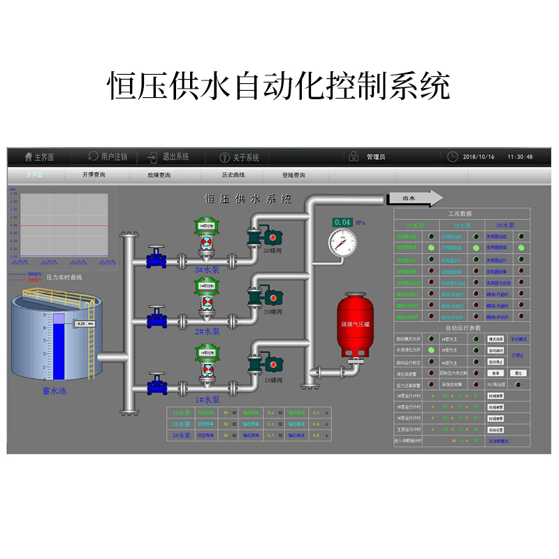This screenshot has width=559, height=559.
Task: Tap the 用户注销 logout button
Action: coord(108,157)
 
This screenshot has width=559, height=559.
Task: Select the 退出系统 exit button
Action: coord(169,157)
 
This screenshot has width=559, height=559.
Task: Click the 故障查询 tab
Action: coord(159,175)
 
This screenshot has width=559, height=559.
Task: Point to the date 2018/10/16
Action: coord(479,157)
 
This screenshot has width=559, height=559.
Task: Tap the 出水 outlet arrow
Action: coord(414,199)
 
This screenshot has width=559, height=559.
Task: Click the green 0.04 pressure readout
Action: coord(342,222)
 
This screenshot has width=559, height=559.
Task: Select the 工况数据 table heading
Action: coord(459,214)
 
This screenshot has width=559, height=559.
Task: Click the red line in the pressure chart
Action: coord(64,226)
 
